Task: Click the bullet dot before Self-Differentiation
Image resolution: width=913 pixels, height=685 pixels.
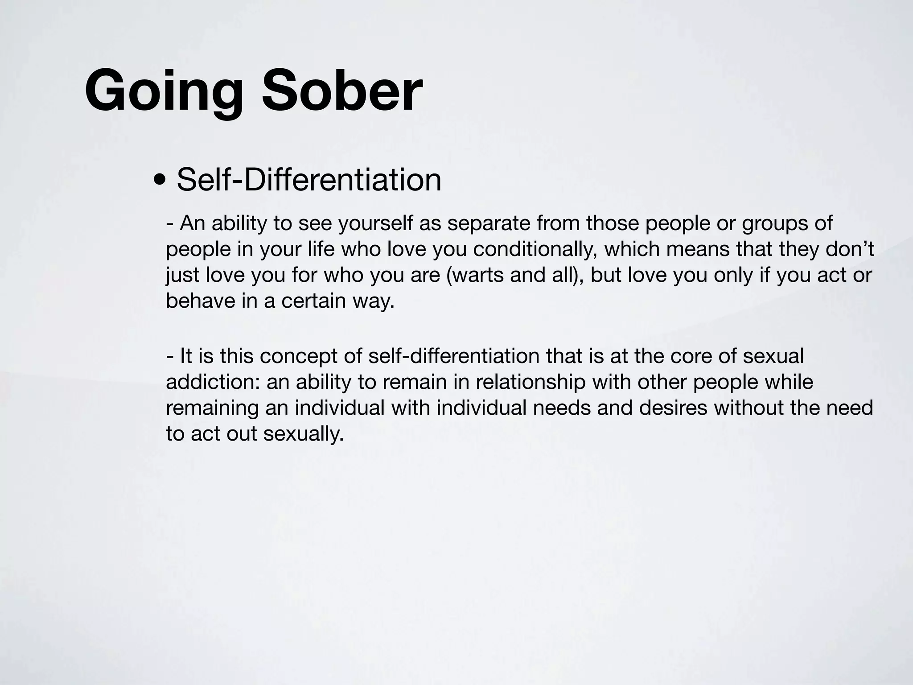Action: pyautogui.click(x=158, y=181)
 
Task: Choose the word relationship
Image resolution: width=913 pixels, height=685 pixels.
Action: pyautogui.click(x=530, y=382)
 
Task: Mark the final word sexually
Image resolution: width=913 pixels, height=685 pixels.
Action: pyautogui.click(x=303, y=434)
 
